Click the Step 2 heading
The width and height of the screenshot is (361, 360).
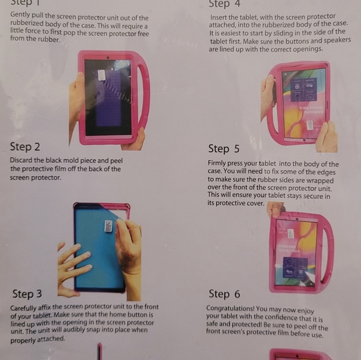[25, 147]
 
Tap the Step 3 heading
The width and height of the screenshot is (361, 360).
[26, 294]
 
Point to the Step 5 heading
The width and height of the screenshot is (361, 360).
[223, 149]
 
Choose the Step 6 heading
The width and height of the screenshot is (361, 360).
[223, 294]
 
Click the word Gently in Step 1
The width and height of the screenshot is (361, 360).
[22, 17]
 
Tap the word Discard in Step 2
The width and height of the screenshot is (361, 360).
[24, 160]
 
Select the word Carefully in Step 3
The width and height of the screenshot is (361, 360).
[28, 307]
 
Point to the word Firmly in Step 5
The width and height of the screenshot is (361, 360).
[220, 164]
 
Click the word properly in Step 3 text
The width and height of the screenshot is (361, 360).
[25, 339]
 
